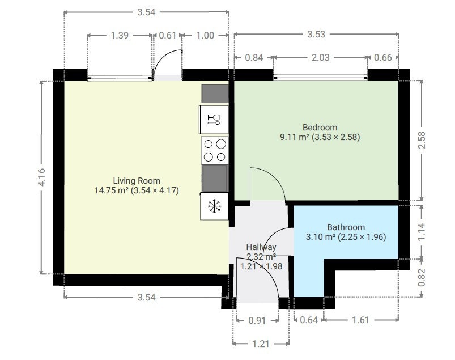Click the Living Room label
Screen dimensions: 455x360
tap(137, 181)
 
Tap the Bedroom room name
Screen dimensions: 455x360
tap(320, 127)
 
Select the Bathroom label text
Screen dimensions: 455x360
tap(346, 227)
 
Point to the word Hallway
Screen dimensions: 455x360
tap(261, 247)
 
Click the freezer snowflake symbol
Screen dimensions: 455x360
tap(214, 206)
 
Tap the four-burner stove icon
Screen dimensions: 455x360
tap(215, 150)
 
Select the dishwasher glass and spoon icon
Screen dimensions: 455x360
tap(214, 119)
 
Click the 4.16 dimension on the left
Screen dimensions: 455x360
tap(42, 177)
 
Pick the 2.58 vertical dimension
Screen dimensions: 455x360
tap(422, 140)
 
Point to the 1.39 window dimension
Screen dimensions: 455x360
tap(120, 35)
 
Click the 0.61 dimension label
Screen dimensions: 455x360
tap(167, 35)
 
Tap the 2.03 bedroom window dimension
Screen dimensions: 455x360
tap(320, 57)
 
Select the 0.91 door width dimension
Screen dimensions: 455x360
tap(257, 320)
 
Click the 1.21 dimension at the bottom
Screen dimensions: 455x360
tap(261, 344)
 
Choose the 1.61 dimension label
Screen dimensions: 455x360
tap(360, 320)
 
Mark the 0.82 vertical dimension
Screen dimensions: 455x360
tap(422, 278)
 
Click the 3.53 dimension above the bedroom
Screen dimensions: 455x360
tap(316, 34)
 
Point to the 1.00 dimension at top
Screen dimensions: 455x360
tap(205, 35)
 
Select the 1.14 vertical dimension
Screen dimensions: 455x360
tap(422, 232)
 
